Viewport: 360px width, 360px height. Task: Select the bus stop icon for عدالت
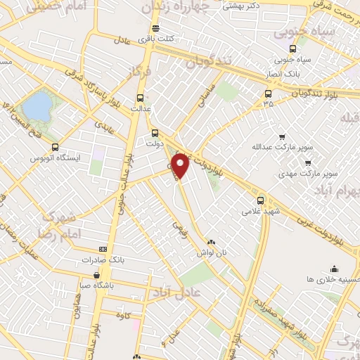coord(140,98)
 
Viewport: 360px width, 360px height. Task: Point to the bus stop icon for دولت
coord(155,132)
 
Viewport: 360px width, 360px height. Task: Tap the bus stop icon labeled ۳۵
coord(267,93)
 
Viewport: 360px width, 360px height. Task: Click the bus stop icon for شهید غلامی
coord(261,200)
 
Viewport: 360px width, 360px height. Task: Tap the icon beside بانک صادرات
coord(103,249)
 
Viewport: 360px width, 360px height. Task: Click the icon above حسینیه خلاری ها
coord(333,268)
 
